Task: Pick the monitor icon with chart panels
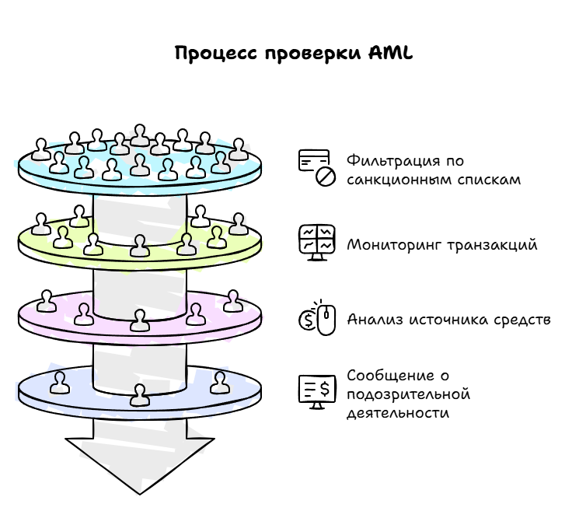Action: click(316, 243)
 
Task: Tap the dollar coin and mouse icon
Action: click(316, 318)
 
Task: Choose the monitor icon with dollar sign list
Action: click(316, 391)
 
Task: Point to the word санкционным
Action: click(396, 180)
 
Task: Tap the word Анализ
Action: click(371, 320)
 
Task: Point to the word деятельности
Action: click(398, 413)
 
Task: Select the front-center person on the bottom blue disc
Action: click(140, 395)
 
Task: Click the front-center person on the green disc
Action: click(140, 246)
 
